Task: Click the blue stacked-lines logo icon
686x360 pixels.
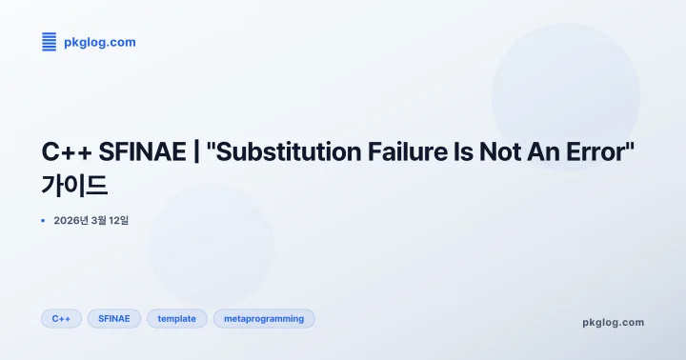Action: pyautogui.click(x=50, y=41)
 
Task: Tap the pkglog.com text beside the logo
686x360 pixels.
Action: pyautogui.click(x=99, y=42)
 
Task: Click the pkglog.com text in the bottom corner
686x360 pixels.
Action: pyautogui.click(x=613, y=322)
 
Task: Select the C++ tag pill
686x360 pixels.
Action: pyautogui.click(x=61, y=318)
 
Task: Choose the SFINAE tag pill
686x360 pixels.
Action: pyautogui.click(x=114, y=318)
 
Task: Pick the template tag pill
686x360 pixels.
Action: pyautogui.click(x=176, y=318)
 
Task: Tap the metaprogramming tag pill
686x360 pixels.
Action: pyautogui.click(x=264, y=318)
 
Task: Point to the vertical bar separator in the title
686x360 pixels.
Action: pyautogui.click(x=195, y=152)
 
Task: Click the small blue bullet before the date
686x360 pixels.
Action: pyautogui.click(x=44, y=221)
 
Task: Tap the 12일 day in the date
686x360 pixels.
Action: pyautogui.click(x=118, y=221)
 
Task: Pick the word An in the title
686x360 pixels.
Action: pyautogui.click(x=538, y=152)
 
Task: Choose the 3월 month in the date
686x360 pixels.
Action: pyautogui.click(x=98, y=221)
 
